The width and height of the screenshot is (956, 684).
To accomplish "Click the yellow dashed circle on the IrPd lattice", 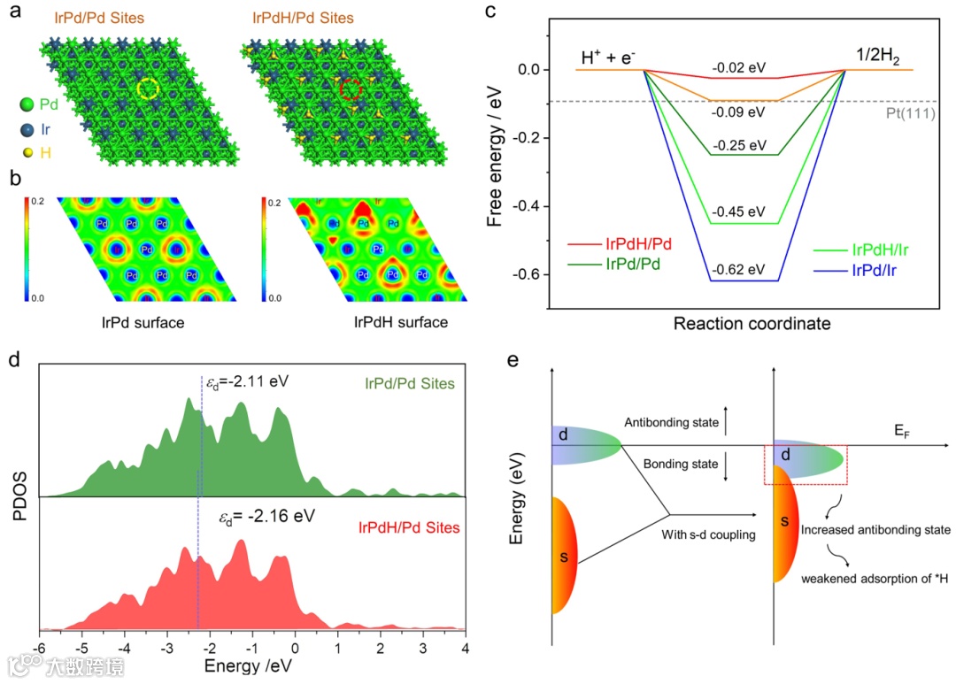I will tap(150, 88).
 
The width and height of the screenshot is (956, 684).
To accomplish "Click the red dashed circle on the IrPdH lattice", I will tap(351, 88).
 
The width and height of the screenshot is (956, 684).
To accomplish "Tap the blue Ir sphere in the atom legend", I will tap(27, 129).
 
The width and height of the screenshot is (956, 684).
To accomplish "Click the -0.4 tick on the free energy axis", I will tap(528, 206).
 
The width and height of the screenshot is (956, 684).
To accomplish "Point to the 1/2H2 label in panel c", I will tap(879, 57).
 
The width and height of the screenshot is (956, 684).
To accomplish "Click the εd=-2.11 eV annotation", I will tap(248, 383).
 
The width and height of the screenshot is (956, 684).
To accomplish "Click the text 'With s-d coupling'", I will tap(707, 534).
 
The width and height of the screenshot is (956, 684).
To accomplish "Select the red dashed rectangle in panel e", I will tap(806, 465).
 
